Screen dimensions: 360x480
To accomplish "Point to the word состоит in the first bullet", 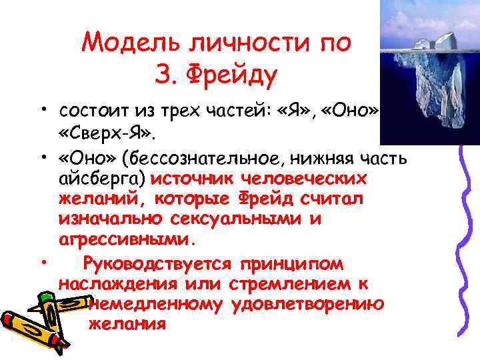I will (x=96, y=109).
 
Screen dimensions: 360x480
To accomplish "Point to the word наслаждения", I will (x=117, y=285).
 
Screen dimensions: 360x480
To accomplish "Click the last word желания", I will (x=127, y=324).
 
